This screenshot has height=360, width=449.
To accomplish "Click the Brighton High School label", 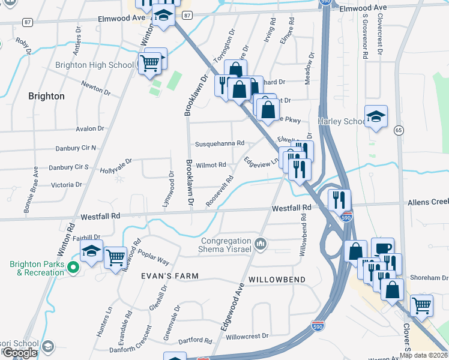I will (94, 65).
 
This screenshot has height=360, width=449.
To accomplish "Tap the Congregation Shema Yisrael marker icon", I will (261, 244).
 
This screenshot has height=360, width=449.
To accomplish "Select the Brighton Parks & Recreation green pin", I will (74, 268).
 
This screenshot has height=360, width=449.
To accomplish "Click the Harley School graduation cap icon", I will (376, 116).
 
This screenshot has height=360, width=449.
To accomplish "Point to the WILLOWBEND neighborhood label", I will (277, 280).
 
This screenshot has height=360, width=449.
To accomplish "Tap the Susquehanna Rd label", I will (220, 144).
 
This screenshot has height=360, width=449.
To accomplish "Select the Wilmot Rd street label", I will (211, 164).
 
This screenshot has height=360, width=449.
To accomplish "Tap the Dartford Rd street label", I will (194, 341).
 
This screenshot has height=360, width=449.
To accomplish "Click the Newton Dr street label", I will (97, 87).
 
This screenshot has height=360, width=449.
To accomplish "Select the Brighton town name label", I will (46, 96).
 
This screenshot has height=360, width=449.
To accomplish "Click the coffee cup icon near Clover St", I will (382, 247).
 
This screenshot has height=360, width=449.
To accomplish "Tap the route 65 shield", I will (399, 130).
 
